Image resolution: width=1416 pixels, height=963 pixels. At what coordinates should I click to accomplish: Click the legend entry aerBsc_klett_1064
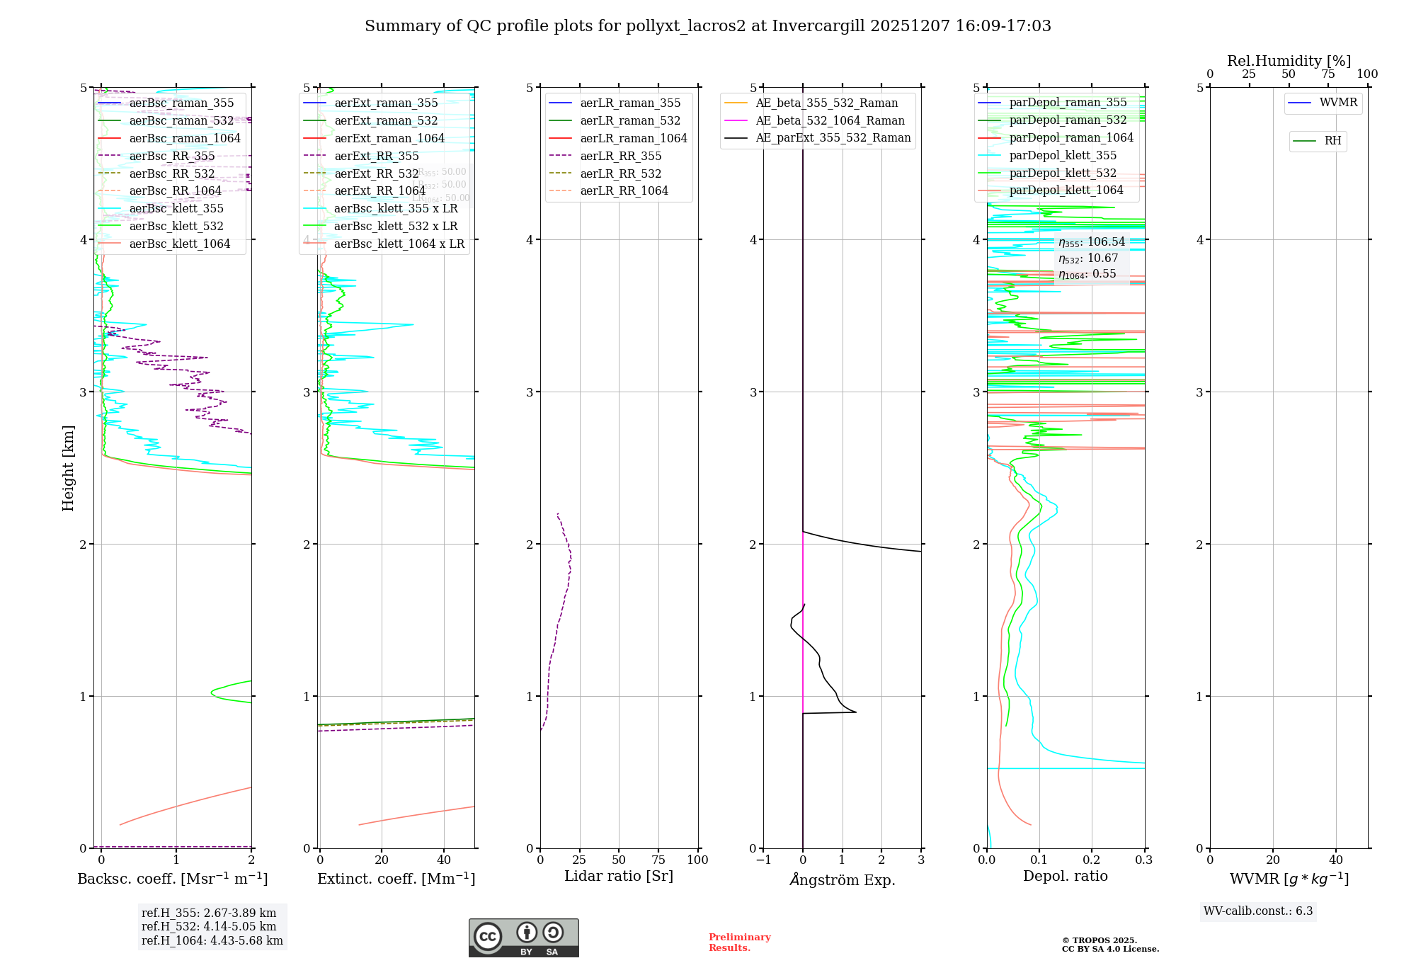(179, 244)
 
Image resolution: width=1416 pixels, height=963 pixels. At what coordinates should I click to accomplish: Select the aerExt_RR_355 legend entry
(376, 156)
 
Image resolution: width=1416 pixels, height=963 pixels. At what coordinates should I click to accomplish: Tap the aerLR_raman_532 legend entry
(630, 121)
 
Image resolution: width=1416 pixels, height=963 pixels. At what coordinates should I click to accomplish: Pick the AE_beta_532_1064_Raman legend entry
(830, 121)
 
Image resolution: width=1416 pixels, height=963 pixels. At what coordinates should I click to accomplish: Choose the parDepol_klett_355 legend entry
(1063, 156)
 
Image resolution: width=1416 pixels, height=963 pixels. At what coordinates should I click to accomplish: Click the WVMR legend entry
(1338, 103)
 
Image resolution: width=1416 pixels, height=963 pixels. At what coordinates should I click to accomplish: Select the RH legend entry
(1332, 141)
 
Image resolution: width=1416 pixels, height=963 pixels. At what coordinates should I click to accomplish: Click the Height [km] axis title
(68, 468)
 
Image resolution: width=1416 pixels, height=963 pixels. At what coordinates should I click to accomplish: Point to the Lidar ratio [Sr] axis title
(618, 876)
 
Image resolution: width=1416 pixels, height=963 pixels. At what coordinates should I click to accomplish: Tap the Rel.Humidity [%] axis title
(1289, 61)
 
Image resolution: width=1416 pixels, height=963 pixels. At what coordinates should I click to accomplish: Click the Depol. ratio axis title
(1065, 876)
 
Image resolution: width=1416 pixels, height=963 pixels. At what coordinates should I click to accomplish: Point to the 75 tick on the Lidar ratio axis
(658, 860)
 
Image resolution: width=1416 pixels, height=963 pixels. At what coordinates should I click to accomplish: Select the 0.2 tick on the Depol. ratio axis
(1091, 860)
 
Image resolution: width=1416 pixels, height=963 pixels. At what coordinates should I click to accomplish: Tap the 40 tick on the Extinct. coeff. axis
(444, 860)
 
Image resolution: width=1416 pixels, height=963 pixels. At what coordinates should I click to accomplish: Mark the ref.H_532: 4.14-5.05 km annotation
(208, 926)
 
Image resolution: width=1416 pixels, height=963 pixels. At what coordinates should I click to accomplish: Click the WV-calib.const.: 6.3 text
(1257, 911)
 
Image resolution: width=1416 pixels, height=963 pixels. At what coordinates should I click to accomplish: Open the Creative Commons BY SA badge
(523, 938)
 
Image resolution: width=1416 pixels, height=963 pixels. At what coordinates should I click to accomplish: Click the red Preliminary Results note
(739, 942)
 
